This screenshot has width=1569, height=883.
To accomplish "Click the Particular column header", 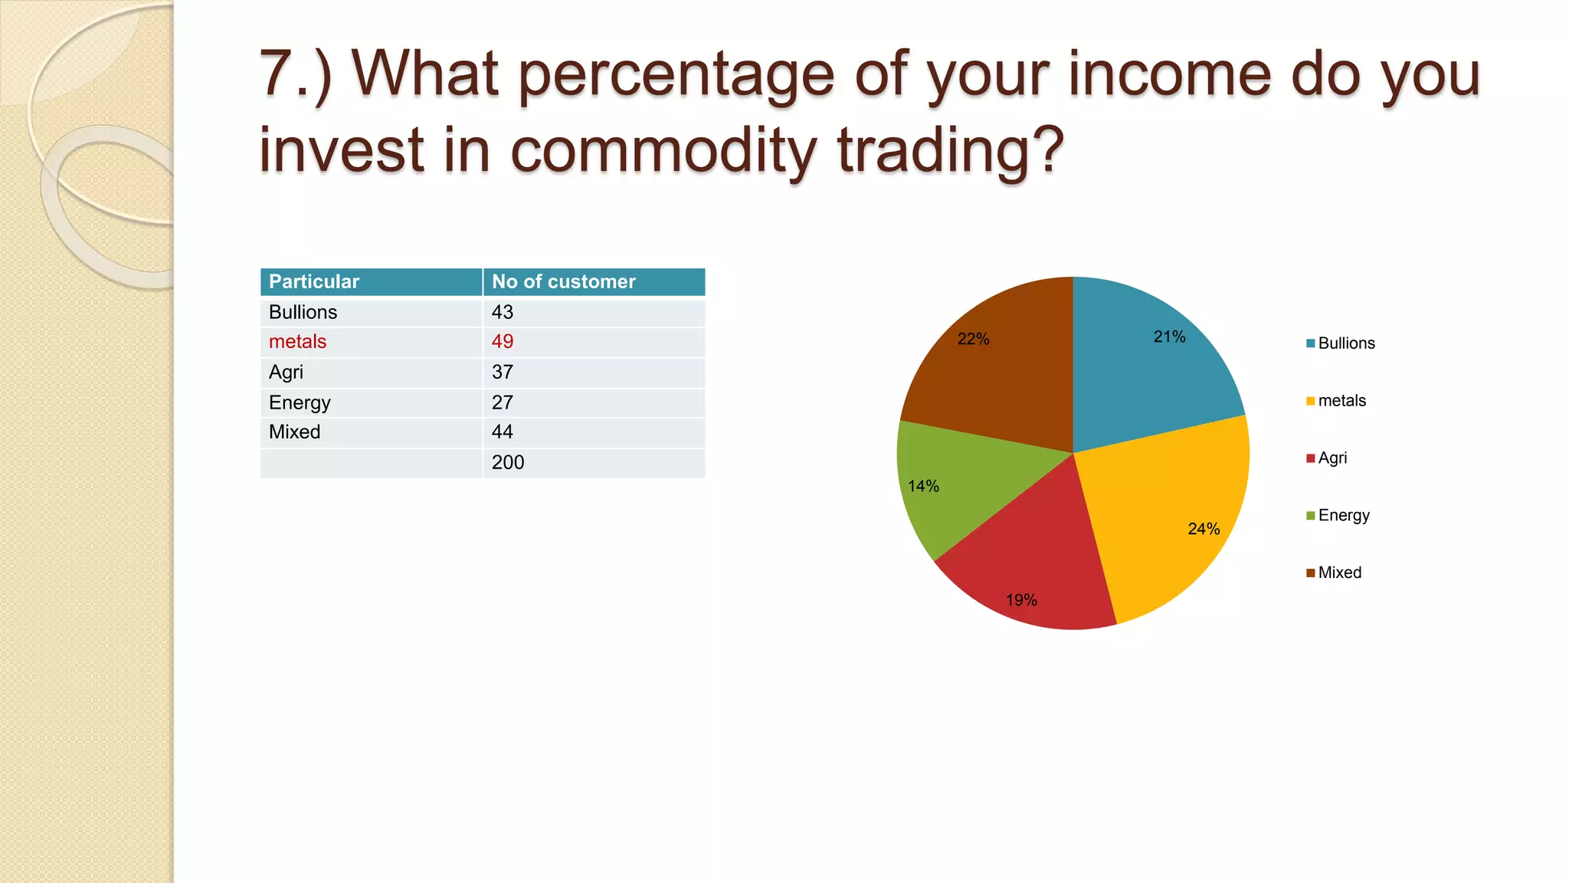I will (x=314, y=282).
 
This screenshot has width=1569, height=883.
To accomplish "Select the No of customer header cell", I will (x=563, y=282).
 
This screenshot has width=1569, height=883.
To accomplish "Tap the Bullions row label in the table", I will (x=303, y=313).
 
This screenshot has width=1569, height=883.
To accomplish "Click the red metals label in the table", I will (x=297, y=342).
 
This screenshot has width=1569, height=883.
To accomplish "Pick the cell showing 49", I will (x=503, y=342).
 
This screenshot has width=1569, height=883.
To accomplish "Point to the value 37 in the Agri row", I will (x=503, y=373).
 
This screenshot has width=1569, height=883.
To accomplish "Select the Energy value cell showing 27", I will (x=503, y=402).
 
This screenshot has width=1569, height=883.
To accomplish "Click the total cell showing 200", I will (x=508, y=463).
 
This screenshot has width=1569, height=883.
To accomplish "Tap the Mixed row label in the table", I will (x=294, y=432).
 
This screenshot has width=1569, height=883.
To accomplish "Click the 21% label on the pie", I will (x=1169, y=337).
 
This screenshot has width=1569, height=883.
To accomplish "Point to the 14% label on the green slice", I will (x=923, y=487).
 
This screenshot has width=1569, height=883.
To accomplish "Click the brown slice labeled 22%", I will (x=996, y=368).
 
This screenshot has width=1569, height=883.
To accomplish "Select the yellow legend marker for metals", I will (x=1311, y=401).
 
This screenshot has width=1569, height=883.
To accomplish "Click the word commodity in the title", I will (x=663, y=149).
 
